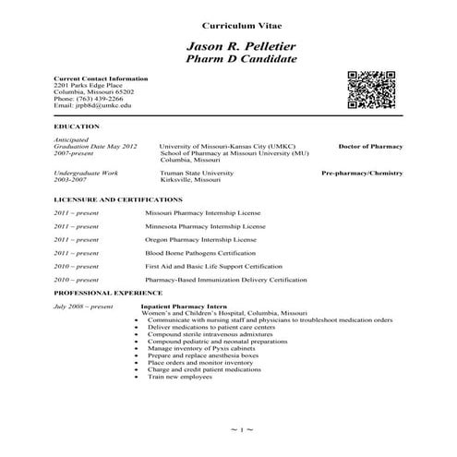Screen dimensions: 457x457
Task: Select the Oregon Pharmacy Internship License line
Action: click(204, 239)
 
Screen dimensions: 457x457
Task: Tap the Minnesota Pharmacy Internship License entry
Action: click(205, 225)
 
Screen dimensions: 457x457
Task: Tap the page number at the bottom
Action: click(240, 430)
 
